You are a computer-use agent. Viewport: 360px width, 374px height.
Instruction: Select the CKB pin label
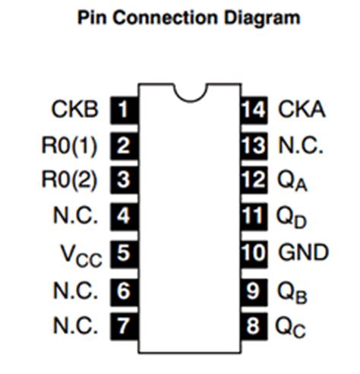pyautogui.click(x=74, y=110)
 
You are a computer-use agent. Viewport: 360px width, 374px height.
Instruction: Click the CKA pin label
pyautogui.click(x=302, y=110)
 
